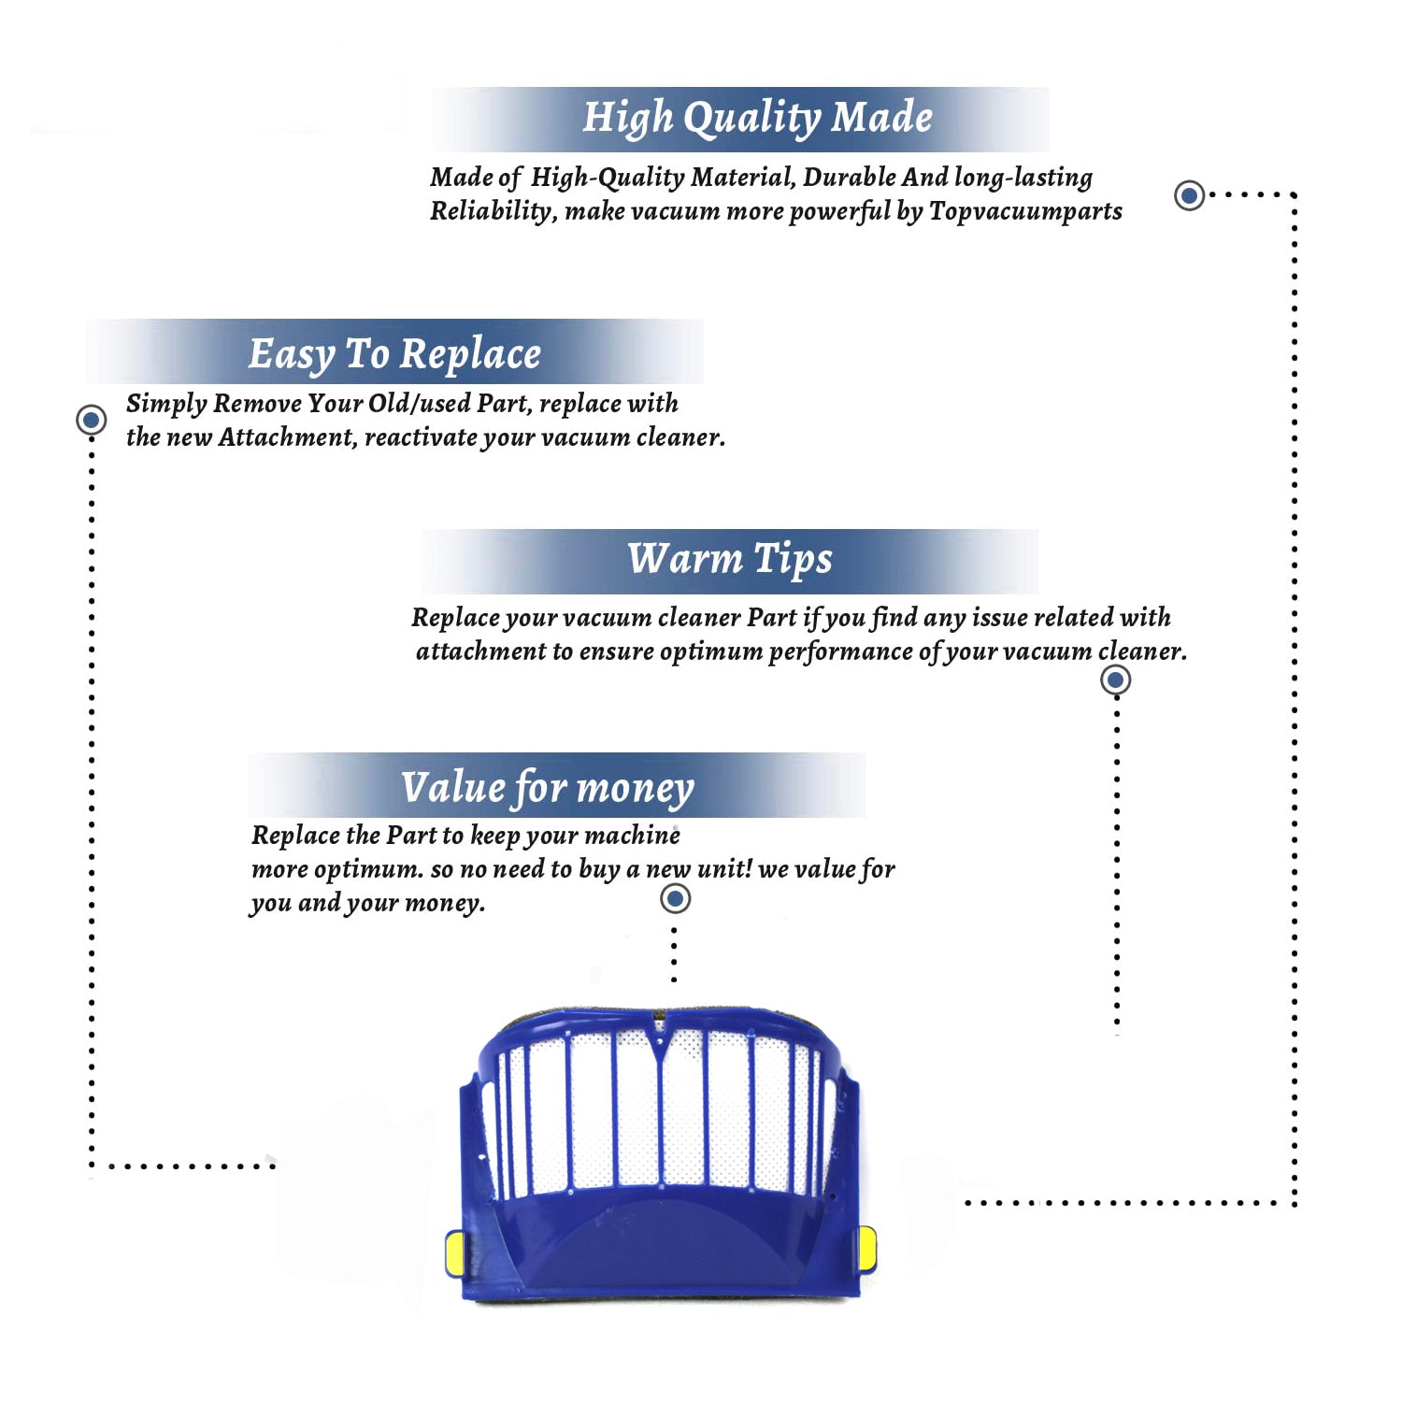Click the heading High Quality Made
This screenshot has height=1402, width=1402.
point(757,119)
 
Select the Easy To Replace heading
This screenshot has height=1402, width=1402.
point(394,354)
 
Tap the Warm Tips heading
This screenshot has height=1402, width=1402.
point(729,559)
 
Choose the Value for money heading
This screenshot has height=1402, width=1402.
point(548,787)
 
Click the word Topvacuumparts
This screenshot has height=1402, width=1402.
point(1025,211)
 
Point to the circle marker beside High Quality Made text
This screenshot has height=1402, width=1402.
point(1189,195)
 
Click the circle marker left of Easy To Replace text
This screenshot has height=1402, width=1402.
point(91,420)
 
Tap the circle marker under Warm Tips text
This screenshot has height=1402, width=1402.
point(1115,680)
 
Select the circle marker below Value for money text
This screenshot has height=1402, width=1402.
point(675,899)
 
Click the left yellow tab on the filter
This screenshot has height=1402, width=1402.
point(454,1253)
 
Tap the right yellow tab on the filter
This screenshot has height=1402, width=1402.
point(867,1250)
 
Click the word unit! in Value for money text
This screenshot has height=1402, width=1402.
point(724,869)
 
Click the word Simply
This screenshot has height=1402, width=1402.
point(166,404)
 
